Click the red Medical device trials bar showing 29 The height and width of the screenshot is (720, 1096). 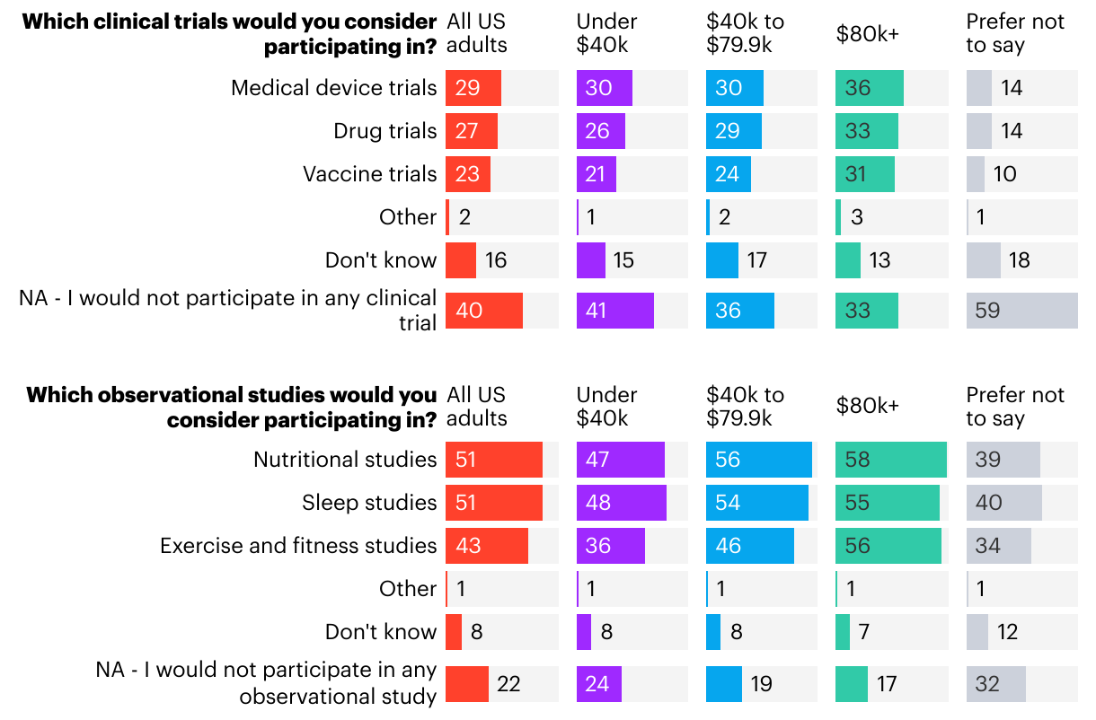pos(473,88)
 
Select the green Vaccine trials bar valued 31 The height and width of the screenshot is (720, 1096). pos(865,174)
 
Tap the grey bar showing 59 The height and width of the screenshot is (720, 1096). pos(1021,311)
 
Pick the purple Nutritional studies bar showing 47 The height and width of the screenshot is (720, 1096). pos(621,460)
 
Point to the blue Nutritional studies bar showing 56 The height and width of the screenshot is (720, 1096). pos(759,460)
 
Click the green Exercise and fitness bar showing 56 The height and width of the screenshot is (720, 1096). pos(888,546)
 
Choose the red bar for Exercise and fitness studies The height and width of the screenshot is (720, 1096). pos(487,546)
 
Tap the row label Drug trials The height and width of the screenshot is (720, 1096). pos(385,131)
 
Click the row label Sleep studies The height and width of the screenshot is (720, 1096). pos(369,503)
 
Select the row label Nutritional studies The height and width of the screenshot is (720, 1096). pos(345,460)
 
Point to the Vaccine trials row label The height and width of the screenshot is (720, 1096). pos(370,174)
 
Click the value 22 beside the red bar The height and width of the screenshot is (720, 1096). pos(508,684)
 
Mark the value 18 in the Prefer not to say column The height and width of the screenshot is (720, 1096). pos(1019,260)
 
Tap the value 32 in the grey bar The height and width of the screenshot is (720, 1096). pos(987,684)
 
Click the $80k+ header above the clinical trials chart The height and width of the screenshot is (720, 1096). pos(867,34)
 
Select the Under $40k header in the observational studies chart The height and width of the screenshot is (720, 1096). pos(607,407)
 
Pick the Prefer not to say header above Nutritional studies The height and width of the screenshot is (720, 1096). pos(1015,407)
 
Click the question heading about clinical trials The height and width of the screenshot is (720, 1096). pos(230,34)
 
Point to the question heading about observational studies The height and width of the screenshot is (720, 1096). pos(232,407)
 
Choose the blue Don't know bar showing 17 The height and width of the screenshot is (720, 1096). pos(722,260)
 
